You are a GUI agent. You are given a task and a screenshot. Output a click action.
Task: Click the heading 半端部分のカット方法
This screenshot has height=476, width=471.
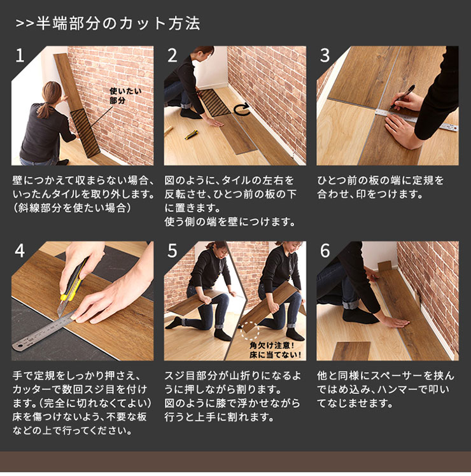click(x=108, y=24)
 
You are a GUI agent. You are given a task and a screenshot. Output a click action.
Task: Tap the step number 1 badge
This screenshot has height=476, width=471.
click(x=20, y=56)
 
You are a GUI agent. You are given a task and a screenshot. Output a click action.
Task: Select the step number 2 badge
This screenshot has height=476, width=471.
click(x=172, y=56)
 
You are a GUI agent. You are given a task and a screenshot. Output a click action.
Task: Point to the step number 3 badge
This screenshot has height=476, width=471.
click(x=325, y=56)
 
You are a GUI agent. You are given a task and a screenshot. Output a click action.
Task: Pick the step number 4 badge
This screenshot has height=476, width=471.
click(x=20, y=251)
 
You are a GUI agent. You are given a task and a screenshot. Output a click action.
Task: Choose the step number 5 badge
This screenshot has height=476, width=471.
click(x=172, y=251)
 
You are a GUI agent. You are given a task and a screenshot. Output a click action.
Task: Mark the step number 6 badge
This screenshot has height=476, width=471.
click(x=325, y=251)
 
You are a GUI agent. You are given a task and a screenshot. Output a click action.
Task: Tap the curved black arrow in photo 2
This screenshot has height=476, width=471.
click(x=241, y=111)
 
